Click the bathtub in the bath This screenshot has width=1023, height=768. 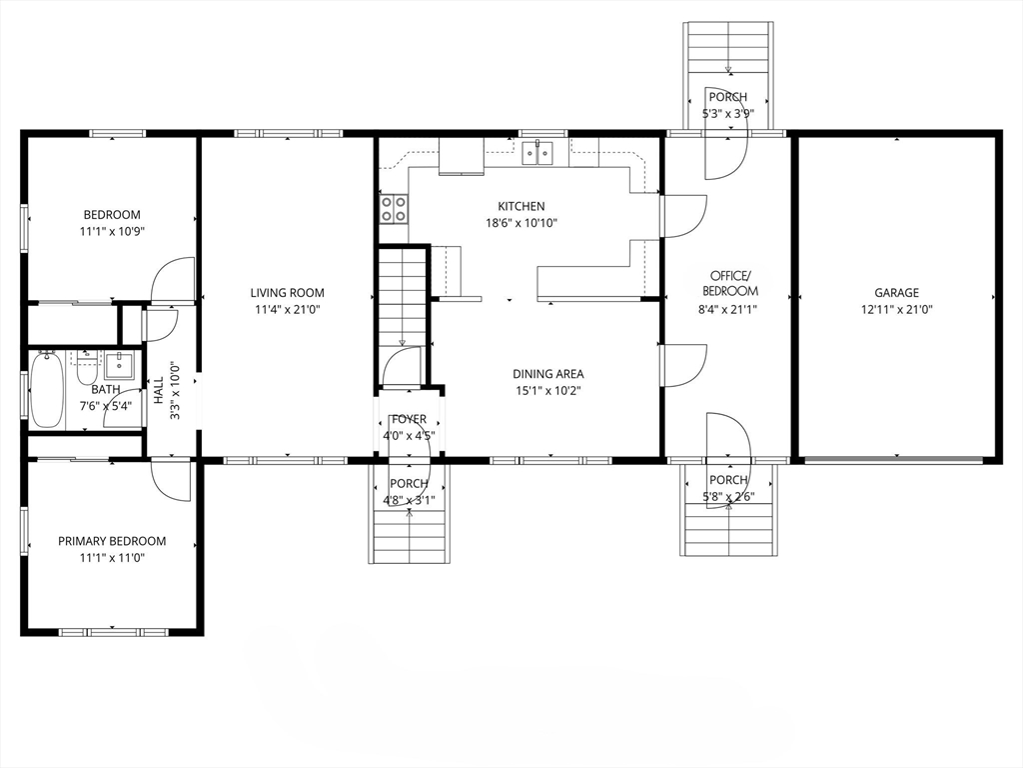click(46, 389)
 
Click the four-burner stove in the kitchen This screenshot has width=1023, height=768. click(394, 209)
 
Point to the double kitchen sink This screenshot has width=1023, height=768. click(537, 153)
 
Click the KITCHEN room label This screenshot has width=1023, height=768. click(521, 206)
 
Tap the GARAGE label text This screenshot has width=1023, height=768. click(896, 293)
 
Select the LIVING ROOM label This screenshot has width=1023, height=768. click(287, 293)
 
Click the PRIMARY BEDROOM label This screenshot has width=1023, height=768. click(112, 541)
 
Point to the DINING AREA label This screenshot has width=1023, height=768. click(548, 374)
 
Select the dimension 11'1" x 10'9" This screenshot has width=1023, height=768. click(112, 231)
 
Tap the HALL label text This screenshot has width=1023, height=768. click(159, 390)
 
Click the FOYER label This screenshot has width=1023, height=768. click(409, 419)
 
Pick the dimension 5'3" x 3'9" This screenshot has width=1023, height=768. click(728, 114)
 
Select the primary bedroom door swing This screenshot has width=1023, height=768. click(171, 481)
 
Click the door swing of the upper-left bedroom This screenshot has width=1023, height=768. click(173, 280)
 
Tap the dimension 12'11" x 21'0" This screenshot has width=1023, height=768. click(896, 310)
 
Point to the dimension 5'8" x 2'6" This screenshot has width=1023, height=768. click(728, 496)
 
